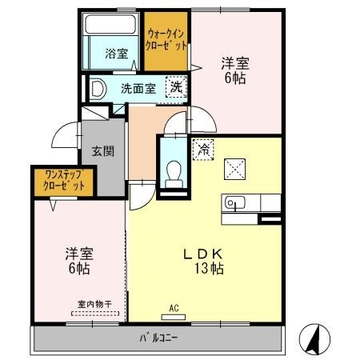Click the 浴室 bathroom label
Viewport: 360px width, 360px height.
tap(117, 54)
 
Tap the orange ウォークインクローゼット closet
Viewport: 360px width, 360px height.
tap(166, 40)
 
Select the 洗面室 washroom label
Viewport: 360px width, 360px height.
tap(138, 89)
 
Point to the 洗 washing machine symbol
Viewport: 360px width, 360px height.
tap(174, 88)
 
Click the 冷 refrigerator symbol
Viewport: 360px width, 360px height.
tap(203, 149)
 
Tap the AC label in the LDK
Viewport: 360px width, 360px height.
tap(174, 308)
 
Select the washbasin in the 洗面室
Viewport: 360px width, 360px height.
tap(98, 89)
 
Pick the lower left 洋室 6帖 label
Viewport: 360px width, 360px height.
tap(78, 261)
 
